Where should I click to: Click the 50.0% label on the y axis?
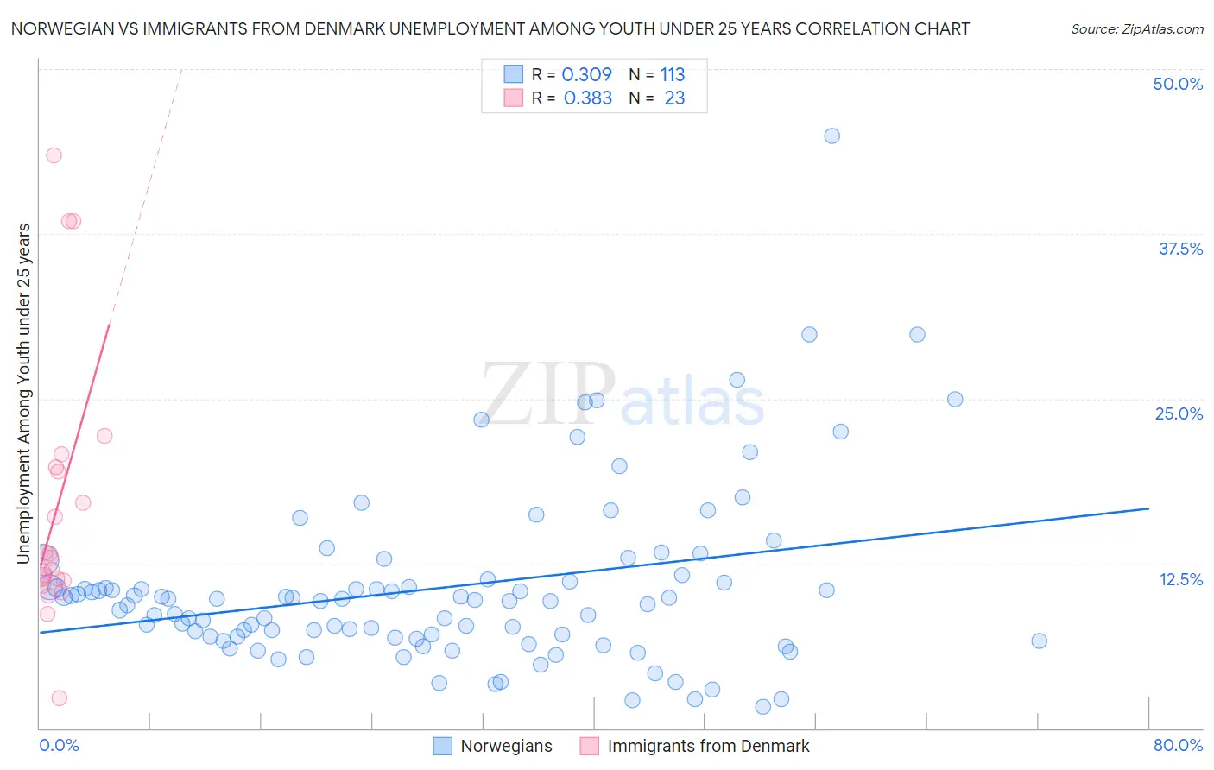[x=1178, y=84]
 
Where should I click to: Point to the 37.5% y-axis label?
[x=1180, y=249]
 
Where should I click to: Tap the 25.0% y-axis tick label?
[x=1179, y=413]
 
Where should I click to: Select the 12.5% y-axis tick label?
[x=1180, y=579]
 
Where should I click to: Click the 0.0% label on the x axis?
[x=59, y=745]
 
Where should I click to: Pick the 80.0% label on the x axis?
[x=1178, y=745]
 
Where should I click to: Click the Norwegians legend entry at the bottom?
[x=506, y=746]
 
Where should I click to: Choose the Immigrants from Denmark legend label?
[x=708, y=746]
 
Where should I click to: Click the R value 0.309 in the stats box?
[x=586, y=75]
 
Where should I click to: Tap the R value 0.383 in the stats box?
[x=587, y=98]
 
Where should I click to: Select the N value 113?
[x=673, y=75]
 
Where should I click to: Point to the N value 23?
[x=674, y=98]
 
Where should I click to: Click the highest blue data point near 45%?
[x=831, y=136]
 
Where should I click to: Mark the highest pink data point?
[x=54, y=155]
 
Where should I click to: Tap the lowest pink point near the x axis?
[x=60, y=697]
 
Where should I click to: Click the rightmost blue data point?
[x=1039, y=641]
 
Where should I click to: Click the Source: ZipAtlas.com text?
[x=1136, y=29]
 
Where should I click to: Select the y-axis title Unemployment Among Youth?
[x=23, y=394]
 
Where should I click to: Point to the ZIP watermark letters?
[x=548, y=394]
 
